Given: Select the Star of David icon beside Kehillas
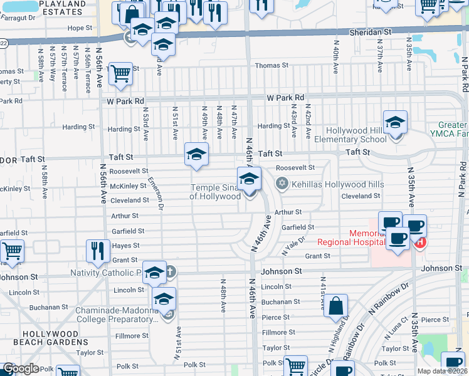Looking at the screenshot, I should pyautogui.click(x=282, y=182).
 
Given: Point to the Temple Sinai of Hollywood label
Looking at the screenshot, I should pyautogui.click(x=216, y=192).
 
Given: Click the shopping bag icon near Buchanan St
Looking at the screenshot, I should pyautogui.click(x=336, y=307).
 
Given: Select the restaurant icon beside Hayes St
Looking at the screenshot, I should pyautogui.click(x=98, y=251).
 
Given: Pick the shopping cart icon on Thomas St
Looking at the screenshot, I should pyautogui.click(x=120, y=74).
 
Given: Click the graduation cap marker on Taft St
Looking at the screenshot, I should pyautogui.click(x=196, y=154).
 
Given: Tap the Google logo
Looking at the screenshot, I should pyautogui.click(x=21, y=368).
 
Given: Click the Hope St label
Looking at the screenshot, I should pyautogui.click(x=80, y=28).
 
